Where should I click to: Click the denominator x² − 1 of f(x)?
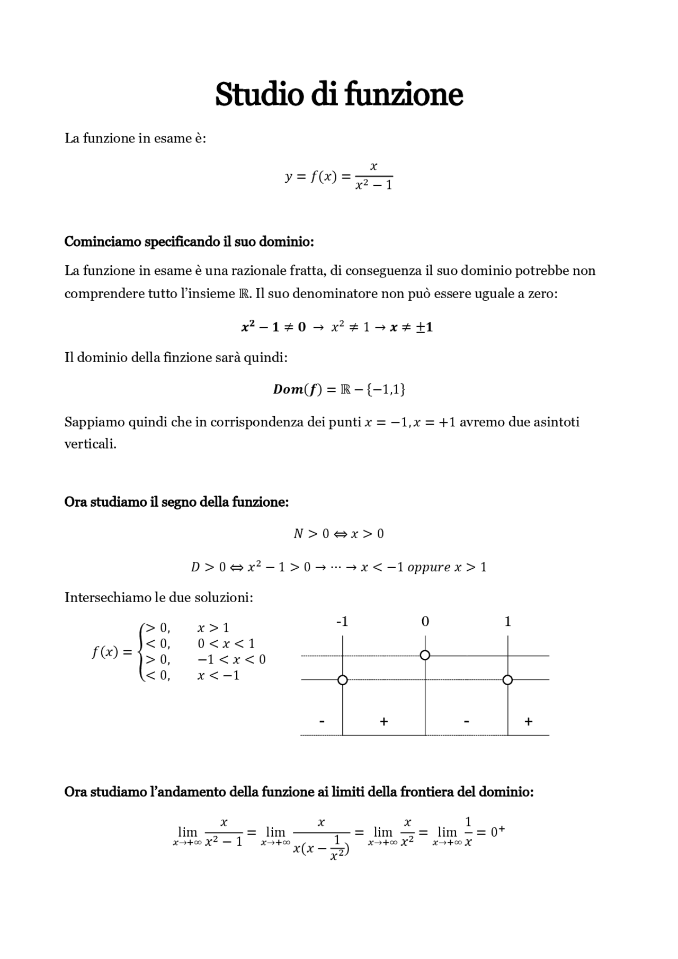pos(373,185)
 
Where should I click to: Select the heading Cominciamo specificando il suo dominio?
pos(189,241)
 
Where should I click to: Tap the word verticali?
pos(90,444)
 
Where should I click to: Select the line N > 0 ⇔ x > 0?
pos(338,534)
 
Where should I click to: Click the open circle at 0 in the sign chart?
pos(425,656)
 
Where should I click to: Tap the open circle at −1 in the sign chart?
pos(342,680)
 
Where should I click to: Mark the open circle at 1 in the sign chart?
pos(507,680)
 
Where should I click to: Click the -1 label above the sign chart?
pos(342,622)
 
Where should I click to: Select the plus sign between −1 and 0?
pos(384,721)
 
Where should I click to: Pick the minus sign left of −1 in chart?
pos(322,721)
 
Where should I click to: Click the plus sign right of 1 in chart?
pos(528,721)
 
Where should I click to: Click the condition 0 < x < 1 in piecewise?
pos(226,644)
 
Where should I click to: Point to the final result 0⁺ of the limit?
pos(497,832)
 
